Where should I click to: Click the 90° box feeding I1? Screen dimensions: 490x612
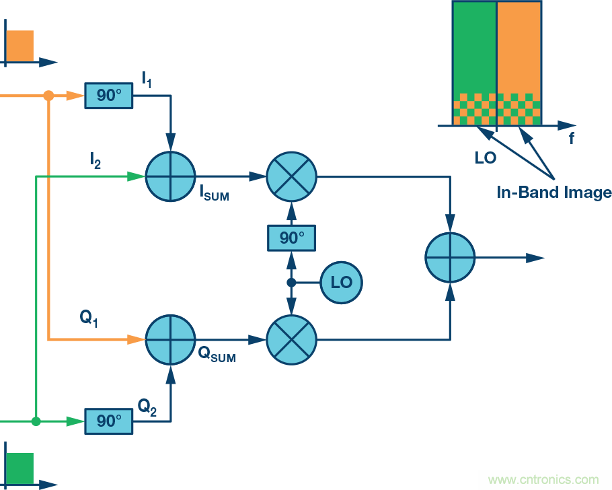tap(109, 96)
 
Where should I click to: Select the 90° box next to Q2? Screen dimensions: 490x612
tap(109, 421)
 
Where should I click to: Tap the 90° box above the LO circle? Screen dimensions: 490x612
tap(291, 238)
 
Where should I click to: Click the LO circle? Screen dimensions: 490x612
tap(341, 282)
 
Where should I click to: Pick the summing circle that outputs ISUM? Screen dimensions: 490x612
tap(170, 176)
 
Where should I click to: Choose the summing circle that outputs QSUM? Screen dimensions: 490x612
tap(170, 341)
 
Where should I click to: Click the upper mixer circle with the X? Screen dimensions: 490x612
tap(291, 176)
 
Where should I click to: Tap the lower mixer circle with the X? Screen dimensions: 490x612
tap(291, 341)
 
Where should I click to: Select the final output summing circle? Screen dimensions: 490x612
tap(450, 258)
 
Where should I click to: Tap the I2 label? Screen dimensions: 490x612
tap(95, 160)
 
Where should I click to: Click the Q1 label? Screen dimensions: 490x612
tap(89, 319)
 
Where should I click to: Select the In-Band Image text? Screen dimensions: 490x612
tap(553, 193)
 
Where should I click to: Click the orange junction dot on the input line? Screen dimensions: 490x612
tap(48, 96)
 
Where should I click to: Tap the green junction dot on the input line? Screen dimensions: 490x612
tap(36, 421)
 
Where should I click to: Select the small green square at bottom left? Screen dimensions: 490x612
tap(20, 466)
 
